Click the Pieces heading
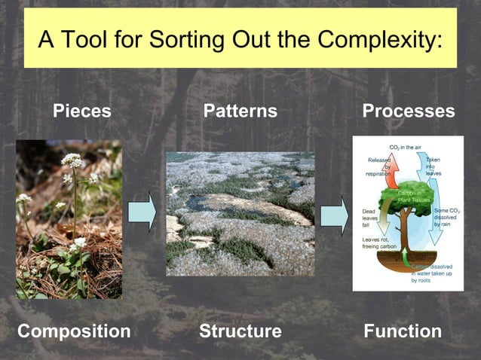click(x=81, y=111)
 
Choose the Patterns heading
click(x=240, y=111)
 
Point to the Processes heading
click(x=409, y=111)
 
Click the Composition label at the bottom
click(x=74, y=331)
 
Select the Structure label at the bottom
click(x=240, y=331)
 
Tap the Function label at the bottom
click(x=403, y=331)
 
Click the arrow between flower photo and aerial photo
click(x=142, y=212)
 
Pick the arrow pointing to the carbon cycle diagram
click(x=334, y=214)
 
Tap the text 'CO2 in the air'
click(x=407, y=147)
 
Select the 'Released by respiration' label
click(x=378, y=166)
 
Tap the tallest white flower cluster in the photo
click(x=72, y=160)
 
